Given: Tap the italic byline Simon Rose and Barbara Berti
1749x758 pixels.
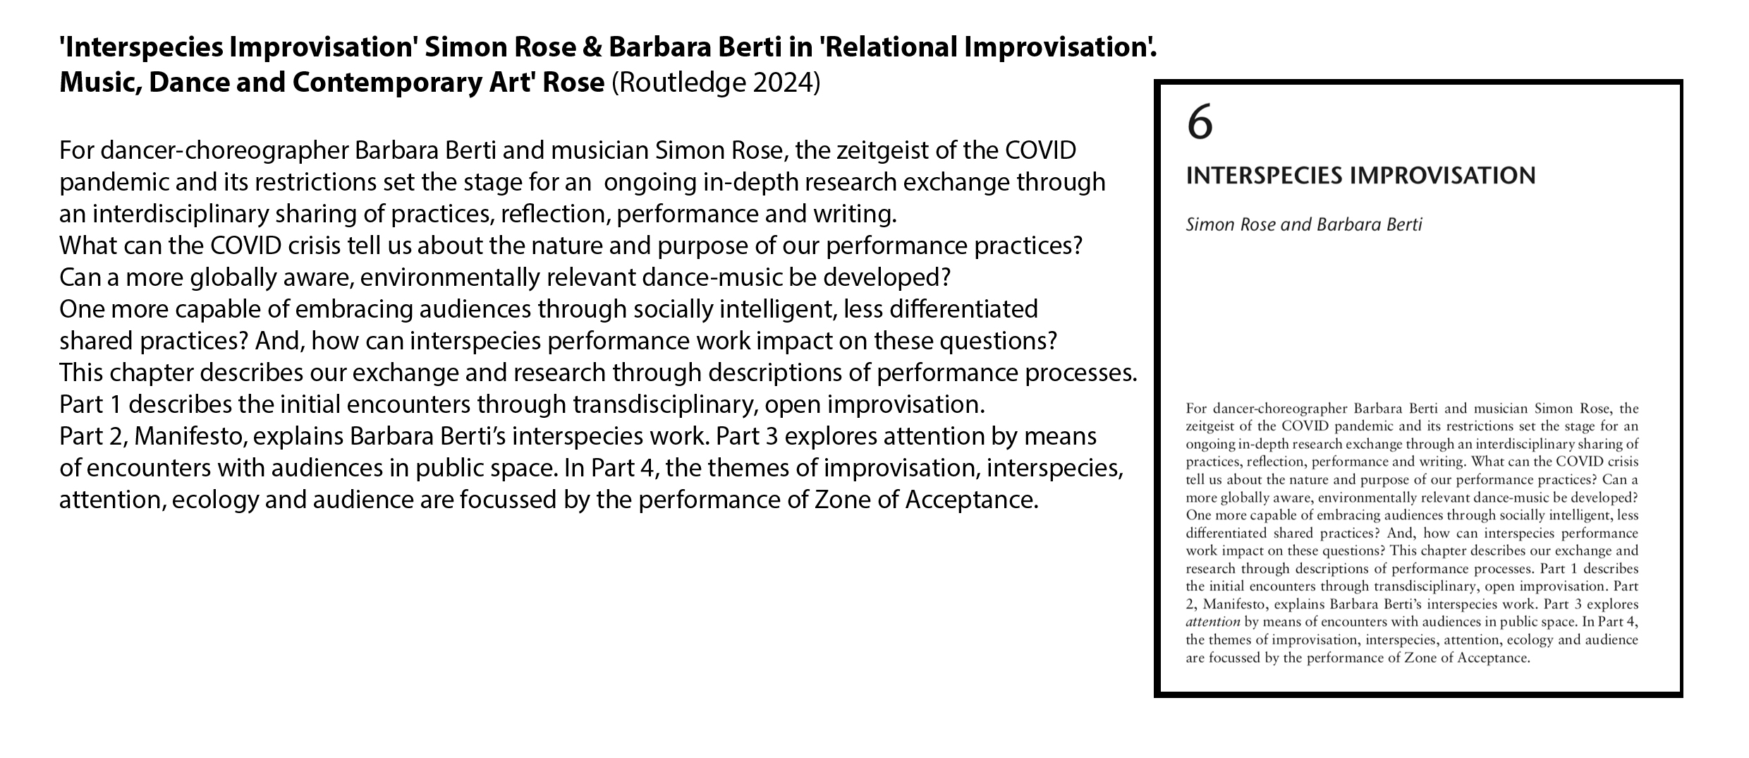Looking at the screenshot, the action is [1304, 224].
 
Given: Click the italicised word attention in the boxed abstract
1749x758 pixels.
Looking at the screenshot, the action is [1213, 622].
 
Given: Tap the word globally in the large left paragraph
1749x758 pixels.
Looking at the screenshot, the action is [237, 278].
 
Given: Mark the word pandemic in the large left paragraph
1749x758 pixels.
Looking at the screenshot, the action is [114, 183].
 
